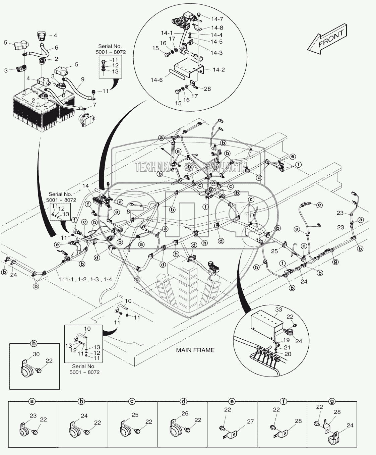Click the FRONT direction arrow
pyautogui.click(x=327, y=39)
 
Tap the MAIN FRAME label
pyautogui.click(x=195, y=350)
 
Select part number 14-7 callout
pyautogui.click(x=217, y=19)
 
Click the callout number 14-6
pyautogui.click(x=156, y=80)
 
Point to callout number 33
pyautogui.click(x=278, y=309)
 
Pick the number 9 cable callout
pyautogui.click(x=82, y=79)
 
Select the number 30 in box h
pyautogui.click(x=36, y=354)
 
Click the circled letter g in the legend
pyautogui.click(x=332, y=401)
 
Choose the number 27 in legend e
pyautogui.click(x=250, y=422)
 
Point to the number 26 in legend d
pyautogui.click(x=185, y=414)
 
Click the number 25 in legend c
pyautogui.click(x=135, y=415)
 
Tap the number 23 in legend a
pyautogui.click(x=33, y=416)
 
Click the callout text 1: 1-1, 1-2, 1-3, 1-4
pyautogui.click(x=85, y=279)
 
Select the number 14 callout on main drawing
pyautogui.click(x=86, y=186)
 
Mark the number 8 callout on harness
pyautogui.click(x=128, y=211)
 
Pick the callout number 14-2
pyautogui.click(x=219, y=70)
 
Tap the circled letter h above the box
pyautogui.click(x=34, y=344)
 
